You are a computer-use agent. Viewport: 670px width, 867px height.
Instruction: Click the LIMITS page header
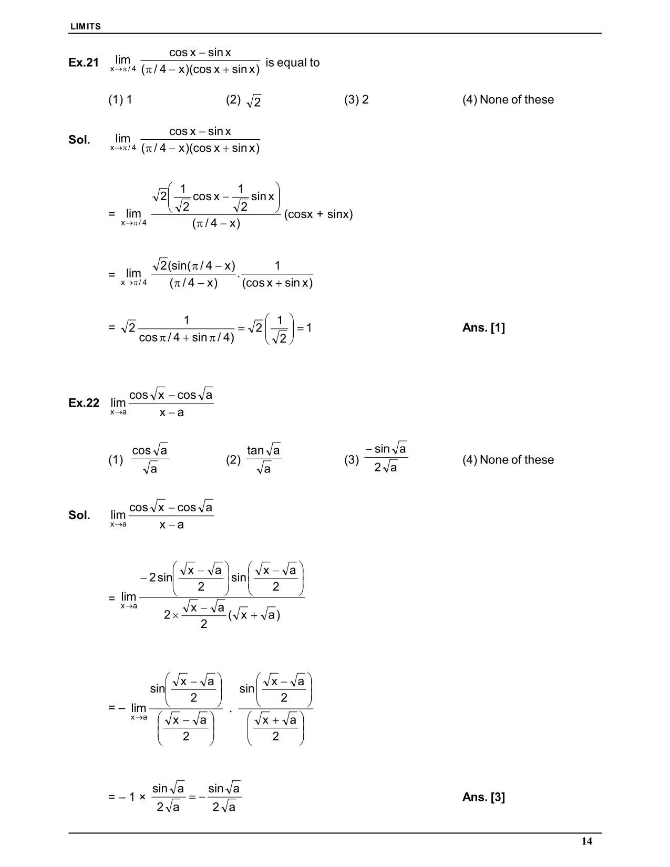tap(86, 26)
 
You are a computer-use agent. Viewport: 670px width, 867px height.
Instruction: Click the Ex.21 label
tap(84, 63)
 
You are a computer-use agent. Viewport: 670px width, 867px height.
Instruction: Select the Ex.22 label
tap(84, 403)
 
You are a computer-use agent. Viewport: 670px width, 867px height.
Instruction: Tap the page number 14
tap(586, 841)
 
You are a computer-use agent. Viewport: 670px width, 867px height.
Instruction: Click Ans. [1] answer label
tap(483, 328)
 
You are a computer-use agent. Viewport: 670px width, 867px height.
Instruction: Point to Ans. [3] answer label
tap(483, 797)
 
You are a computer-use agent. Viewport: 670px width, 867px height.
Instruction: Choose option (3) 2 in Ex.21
tap(356, 100)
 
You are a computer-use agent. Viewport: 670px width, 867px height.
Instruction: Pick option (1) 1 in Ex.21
tap(120, 100)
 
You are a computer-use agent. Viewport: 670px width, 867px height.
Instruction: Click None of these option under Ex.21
tap(508, 100)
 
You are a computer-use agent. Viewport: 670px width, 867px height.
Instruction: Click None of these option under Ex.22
tap(508, 460)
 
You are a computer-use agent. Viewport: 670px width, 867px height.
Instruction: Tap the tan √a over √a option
tap(263, 459)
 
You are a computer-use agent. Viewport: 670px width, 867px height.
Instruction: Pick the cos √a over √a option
tap(149, 459)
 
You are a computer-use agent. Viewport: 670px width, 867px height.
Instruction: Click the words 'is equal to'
tap(292, 63)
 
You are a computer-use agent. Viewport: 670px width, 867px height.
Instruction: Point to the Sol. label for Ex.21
tap(79, 140)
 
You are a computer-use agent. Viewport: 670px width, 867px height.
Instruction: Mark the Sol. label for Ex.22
tap(79, 515)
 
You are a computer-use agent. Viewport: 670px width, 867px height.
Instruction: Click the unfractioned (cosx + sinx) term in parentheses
tap(318, 214)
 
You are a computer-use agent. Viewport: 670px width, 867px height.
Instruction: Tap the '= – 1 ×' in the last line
tap(127, 797)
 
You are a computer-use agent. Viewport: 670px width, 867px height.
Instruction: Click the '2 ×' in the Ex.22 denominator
tap(171, 615)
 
